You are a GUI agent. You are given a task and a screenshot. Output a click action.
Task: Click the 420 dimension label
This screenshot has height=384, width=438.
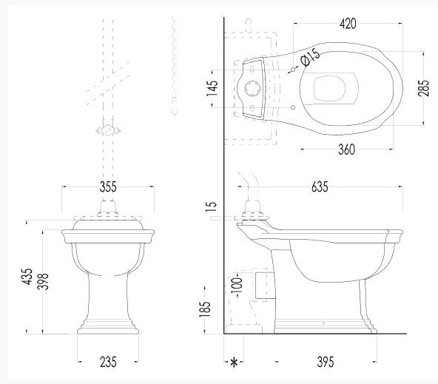click(348, 24)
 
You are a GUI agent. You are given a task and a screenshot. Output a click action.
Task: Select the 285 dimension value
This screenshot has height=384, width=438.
click(423, 88)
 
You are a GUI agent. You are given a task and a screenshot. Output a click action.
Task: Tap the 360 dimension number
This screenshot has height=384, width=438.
click(346, 149)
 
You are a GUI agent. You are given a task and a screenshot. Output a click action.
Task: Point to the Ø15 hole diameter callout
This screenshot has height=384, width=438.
click(310, 57)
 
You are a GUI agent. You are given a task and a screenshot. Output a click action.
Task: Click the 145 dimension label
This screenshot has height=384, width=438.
click(212, 88)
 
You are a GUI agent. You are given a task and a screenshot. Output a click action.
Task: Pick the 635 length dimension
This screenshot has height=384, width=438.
click(320, 187)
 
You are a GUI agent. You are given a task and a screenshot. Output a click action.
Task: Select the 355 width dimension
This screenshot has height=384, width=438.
click(108, 187)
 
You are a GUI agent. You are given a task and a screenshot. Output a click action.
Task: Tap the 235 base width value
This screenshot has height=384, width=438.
click(108, 363)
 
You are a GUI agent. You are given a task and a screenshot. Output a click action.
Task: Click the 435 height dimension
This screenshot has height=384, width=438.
click(27, 277)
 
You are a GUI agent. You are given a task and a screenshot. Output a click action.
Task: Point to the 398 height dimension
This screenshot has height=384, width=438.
click(43, 281)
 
